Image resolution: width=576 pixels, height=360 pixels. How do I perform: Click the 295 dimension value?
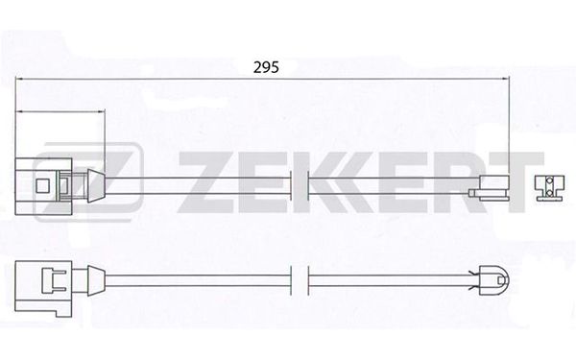click(x=266, y=67)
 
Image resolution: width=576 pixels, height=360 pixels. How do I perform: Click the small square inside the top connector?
click(x=42, y=186)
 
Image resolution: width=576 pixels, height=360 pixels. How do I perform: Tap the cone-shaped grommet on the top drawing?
click(x=96, y=186)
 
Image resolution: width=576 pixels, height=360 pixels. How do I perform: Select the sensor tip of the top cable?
click(x=490, y=188)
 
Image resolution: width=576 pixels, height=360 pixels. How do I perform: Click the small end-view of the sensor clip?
click(x=549, y=188)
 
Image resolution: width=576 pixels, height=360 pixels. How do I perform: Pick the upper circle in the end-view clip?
click(x=549, y=181)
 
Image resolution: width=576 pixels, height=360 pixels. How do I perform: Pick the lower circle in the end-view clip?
click(x=549, y=194)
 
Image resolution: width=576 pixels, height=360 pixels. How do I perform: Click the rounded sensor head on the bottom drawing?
click(x=494, y=280)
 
